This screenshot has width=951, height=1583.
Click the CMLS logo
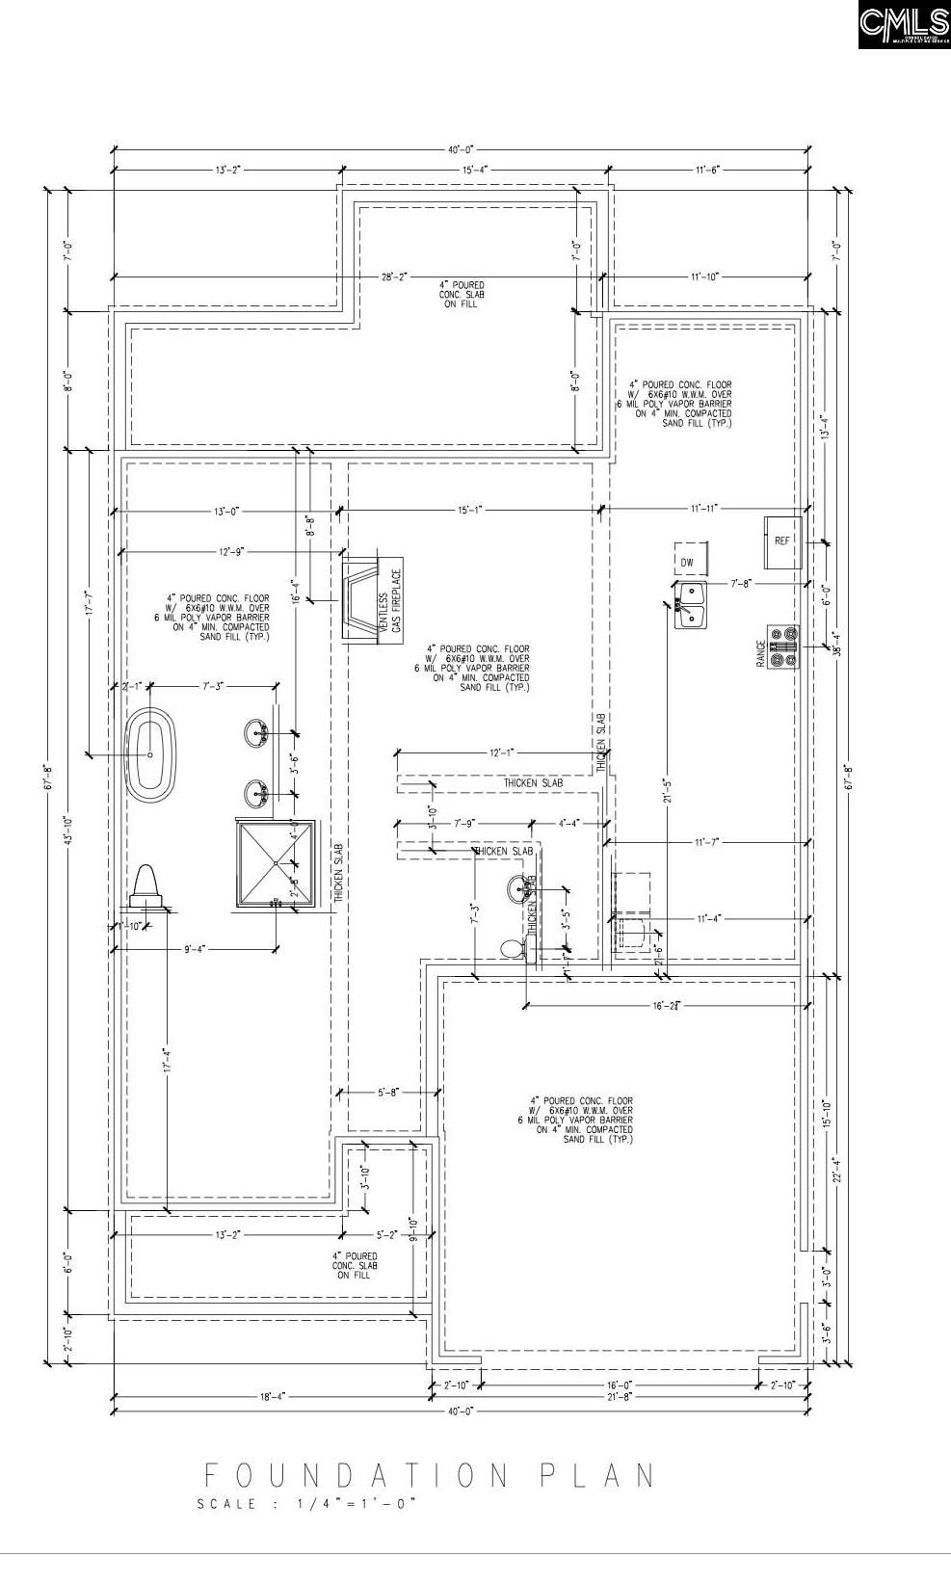[903, 25]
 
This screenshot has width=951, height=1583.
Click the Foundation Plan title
[430, 1475]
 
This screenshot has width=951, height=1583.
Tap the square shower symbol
[276, 863]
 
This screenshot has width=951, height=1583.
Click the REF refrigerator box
[783, 541]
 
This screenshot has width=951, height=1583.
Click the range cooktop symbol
[783, 648]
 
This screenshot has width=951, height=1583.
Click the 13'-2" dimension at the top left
[227, 170]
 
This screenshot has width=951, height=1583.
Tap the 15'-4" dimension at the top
[475, 170]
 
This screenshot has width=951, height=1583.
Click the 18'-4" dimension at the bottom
[272, 1395]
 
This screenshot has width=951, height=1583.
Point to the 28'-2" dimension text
[394, 277]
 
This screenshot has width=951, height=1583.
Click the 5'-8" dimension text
[387, 1092]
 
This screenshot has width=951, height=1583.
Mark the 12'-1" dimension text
[502, 752]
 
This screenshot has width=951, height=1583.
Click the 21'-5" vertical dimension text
[666, 790]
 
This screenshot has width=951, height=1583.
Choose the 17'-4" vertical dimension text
[167, 1061]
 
